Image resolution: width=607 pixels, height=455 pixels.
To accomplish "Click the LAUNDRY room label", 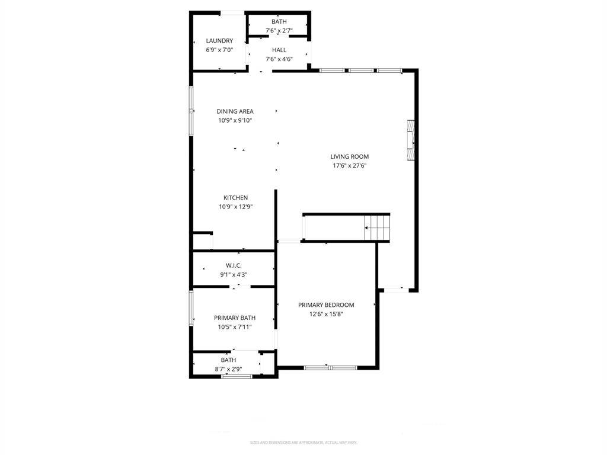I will pos(219,41).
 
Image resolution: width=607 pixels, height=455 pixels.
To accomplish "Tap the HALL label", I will pos(279,50).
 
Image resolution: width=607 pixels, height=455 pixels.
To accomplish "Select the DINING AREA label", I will pos(235,111).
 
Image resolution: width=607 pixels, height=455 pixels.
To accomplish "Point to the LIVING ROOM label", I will pos(349,157).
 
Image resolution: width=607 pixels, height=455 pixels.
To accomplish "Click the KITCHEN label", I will pos(235,198).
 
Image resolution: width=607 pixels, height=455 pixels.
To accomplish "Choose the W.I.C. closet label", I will pos(233,265).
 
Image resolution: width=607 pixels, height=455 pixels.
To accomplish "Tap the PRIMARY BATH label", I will pos(234,318).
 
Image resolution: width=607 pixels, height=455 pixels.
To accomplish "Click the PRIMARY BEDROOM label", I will pos(325,305).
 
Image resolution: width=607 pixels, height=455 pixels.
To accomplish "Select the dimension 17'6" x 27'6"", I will pos(349,166).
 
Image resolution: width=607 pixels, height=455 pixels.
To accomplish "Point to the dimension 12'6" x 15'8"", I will pos(325,314).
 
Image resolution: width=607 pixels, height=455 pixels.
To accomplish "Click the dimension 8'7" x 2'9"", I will pos(228,369).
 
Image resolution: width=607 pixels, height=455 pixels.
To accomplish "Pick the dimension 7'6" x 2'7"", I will pos(279,30).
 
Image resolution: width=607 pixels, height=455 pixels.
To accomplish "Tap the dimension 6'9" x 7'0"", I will pos(219,50).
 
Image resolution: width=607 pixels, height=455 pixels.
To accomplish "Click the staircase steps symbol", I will pos(378,227).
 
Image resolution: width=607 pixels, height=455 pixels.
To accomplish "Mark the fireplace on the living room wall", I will pos(410,140).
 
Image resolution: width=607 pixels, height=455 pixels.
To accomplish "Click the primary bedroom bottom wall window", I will pos(330,368).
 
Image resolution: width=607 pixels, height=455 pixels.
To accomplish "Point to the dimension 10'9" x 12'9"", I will pos(235,207).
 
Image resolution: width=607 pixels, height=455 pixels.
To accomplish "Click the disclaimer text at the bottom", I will pos(303,443).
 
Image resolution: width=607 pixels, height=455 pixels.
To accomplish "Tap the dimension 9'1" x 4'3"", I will pos(233,274).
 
